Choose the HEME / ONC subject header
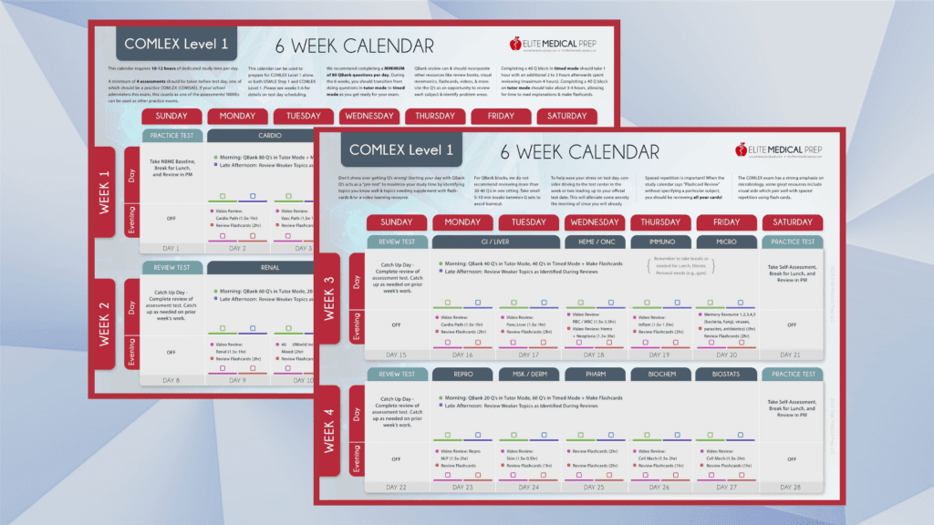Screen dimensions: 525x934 pos(595,242)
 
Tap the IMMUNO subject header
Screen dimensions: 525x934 pos(660,242)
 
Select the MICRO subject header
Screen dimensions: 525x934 pos(727,242)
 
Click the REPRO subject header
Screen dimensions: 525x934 pos(462,374)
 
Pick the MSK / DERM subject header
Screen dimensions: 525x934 pos(529,374)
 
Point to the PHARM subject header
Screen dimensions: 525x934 pos(595,374)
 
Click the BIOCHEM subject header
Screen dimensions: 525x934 pos(660,374)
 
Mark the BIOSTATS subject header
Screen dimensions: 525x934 pos(727,374)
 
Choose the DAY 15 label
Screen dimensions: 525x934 pos(397,355)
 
